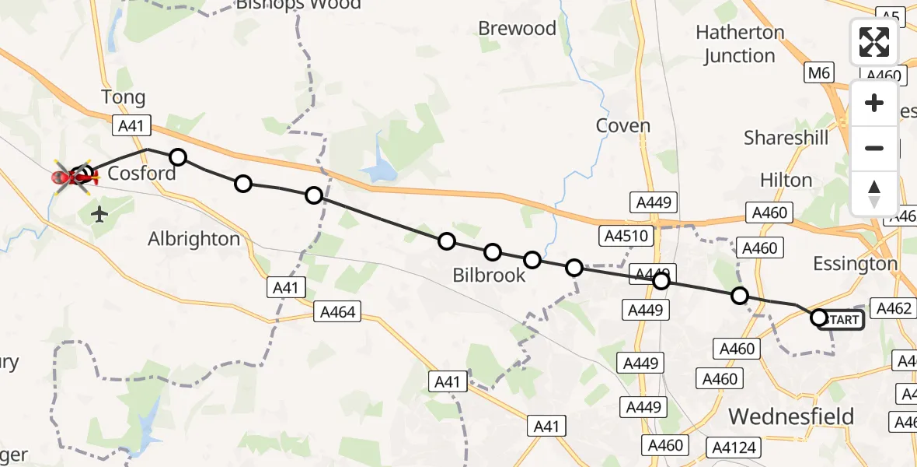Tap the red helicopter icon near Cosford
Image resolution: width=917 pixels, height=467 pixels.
pos(74,178)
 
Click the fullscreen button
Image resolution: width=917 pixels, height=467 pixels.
pos(874,42)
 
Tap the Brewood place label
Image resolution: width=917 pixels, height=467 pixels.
pos(517,29)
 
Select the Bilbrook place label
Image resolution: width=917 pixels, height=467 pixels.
pos(490,276)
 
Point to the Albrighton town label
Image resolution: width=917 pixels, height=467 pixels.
pos(194,239)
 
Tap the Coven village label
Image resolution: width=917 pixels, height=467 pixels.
pos(622,125)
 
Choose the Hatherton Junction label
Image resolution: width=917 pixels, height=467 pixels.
pos(740,44)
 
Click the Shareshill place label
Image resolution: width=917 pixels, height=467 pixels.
pos(786,138)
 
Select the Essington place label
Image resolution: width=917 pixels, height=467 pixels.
pos(855,264)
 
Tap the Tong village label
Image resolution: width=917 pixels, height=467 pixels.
pos(123,97)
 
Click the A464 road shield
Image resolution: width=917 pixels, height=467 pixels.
pos(337,312)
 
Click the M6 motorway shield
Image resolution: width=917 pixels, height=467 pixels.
pos(818,74)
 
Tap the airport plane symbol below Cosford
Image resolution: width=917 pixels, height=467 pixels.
pos(99,214)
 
